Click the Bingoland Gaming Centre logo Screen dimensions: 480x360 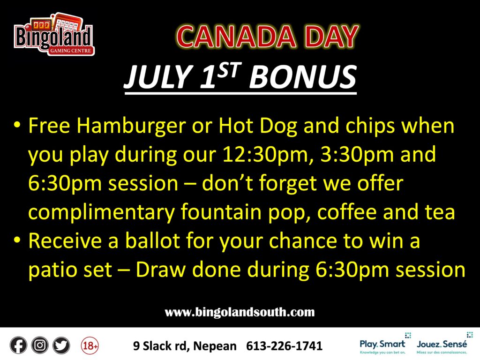coord(54,34)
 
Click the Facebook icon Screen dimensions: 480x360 coord(18,345)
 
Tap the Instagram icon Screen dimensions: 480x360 coord(40,345)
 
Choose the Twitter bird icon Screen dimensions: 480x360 coord(61,345)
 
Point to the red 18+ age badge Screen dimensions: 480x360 coord(90,345)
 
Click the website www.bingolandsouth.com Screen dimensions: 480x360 coord(240,312)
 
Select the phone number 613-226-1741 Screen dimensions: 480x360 coord(285,346)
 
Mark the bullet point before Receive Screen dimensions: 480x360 coord(17,240)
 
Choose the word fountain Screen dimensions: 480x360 coord(221,212)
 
